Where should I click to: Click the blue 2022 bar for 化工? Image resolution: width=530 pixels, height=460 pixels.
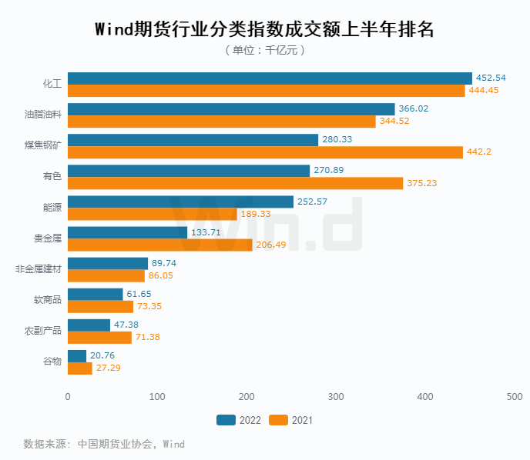pyautogui.click(x=270, y=78)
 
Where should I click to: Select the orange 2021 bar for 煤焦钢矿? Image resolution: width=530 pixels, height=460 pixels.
pyautogui.click(x=265, y=152)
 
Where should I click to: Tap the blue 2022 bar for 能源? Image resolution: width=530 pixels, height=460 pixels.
pyautogui.click(x=180, y=202)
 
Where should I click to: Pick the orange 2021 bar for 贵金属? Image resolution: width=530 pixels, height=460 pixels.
pyautogui.click(x=159, y=245)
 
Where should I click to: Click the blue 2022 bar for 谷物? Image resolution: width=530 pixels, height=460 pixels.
pyautogui.click(x=77, y=355)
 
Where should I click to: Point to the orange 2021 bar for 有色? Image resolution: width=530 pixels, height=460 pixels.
pyautogui.click(x=235, y=183)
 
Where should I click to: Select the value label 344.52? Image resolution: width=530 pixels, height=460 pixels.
pyautogui.click(x=394, y=122)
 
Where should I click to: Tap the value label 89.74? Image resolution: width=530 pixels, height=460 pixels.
pyautogui.click(x=166, y=263)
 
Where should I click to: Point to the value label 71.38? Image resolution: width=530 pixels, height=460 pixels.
pyautogui.click(x=150, y=337)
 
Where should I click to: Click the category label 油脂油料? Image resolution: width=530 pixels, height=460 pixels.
pyautogui.click(x=43, y=115)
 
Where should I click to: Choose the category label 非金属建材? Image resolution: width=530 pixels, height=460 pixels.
pyautogui.click(x=39, y=268)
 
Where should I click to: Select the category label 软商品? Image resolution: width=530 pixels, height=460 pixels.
pyautogui.click(x=48, y=299)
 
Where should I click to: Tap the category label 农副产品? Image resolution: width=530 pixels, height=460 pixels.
pyautogui.click(x=43, y=331)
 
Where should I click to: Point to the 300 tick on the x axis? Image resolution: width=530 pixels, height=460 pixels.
pyautogui.click(x=336, y=397)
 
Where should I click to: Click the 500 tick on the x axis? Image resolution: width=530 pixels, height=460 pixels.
pyautogui.click(x=514, y=397)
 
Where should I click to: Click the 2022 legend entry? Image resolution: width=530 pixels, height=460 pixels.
pyautogui.click(x=239, y=421)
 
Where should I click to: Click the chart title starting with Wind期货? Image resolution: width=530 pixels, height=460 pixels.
pyautogui.click(x=264, y=29)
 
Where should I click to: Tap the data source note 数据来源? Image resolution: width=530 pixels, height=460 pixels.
pyautogui.click(x=104, y=444)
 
